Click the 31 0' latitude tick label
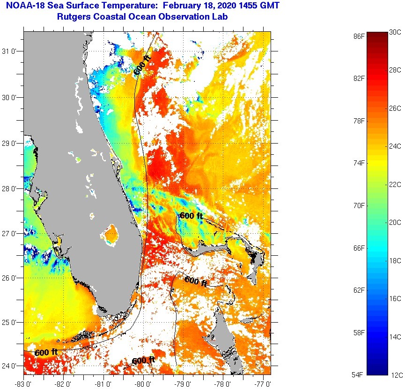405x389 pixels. [10, 52]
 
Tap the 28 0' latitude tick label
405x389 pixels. [10, 189]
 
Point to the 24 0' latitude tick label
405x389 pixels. [10, 367]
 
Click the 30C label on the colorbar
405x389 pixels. [395, 32]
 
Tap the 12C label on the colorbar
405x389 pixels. [397, 375]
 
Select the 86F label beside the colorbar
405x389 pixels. [359, 36]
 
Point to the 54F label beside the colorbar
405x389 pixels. [359, 375]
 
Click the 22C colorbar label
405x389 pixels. [395, 185]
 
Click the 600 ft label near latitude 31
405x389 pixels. [142, 65]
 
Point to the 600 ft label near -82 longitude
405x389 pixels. [46, 352]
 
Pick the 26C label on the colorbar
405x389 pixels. [395, 108]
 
